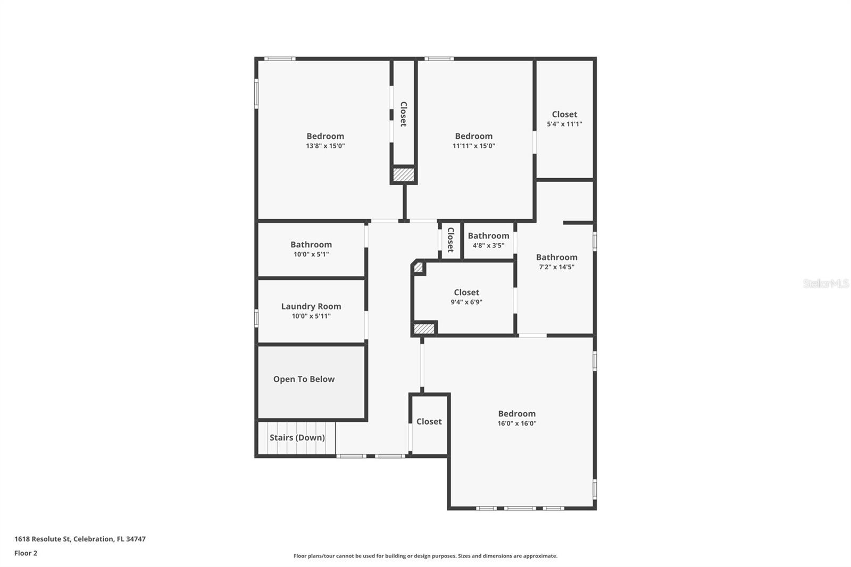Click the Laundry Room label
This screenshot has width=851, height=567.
311,306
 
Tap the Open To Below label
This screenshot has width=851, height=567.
304,379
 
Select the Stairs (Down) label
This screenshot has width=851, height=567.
297,438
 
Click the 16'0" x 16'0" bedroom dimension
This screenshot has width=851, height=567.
517,424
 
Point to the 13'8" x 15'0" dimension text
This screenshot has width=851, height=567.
325,146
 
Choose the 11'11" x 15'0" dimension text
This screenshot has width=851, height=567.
473,146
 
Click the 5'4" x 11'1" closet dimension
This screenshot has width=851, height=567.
564,124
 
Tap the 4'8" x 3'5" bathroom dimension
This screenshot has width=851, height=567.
488,246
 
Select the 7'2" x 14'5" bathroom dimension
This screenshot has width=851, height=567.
556,267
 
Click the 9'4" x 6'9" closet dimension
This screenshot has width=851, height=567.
466,302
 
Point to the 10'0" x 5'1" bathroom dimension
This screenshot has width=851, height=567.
311,254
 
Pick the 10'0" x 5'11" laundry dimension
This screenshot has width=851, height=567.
311,316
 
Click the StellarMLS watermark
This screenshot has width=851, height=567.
825,283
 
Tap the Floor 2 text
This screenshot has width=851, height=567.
26,553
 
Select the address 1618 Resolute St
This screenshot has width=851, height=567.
80,539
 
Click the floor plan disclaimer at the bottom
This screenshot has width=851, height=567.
425,556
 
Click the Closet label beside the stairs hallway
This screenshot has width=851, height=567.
429,422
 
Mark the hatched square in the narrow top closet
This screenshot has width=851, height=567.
403,174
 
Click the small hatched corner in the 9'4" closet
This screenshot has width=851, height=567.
419,267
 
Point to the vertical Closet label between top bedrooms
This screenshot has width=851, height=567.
403,114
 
